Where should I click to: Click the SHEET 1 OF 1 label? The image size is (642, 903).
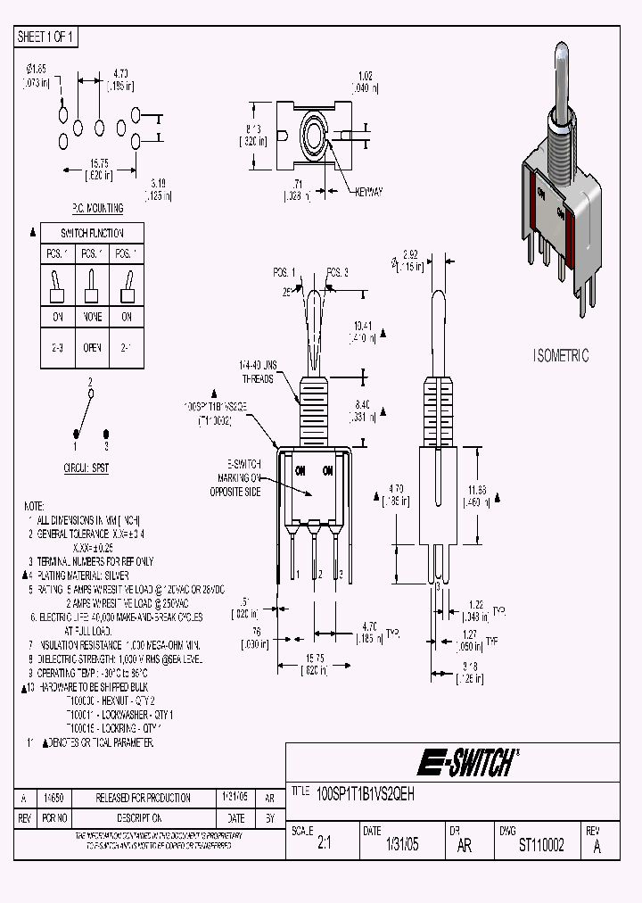[x=46, y=37]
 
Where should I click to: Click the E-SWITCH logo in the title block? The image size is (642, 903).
[x=467, y=762]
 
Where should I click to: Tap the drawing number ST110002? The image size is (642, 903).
[x=541, y=846]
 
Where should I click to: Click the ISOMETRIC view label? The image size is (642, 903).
[x=561, y=355]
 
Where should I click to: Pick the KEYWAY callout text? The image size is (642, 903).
[x=368, y=192]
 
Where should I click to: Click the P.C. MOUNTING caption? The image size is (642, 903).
[x=97, y=208]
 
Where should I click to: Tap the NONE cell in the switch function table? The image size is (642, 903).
[x=90, y=317]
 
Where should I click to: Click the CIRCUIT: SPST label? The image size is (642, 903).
[x=86, y=468]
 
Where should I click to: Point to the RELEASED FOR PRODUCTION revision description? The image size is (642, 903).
[x=143, y=798]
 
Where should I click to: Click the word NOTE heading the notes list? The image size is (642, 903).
[x=34, y=504]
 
